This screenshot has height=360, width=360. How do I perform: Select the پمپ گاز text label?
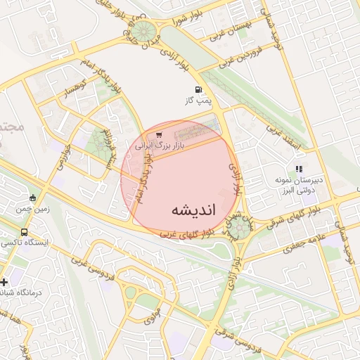198,102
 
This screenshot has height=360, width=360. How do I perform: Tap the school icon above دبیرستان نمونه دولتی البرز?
299,169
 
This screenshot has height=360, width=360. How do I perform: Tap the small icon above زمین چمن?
32,197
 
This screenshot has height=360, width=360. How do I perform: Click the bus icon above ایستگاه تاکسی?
25,232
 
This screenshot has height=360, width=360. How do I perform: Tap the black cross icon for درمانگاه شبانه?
5,281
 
